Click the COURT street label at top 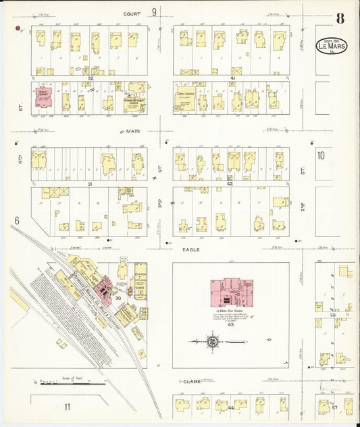point(132,13)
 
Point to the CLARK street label point(194,384)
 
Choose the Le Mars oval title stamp point(331,45)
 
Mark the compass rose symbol point(213,342)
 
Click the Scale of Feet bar point(67,383)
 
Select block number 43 point(230,325)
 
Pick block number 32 point(89,78)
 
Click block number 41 point(231,78)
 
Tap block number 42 point(230,184)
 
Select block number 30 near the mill point(118,298)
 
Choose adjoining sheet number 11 point(68,406)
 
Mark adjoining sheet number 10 point(321,155)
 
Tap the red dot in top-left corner point(20,28)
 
